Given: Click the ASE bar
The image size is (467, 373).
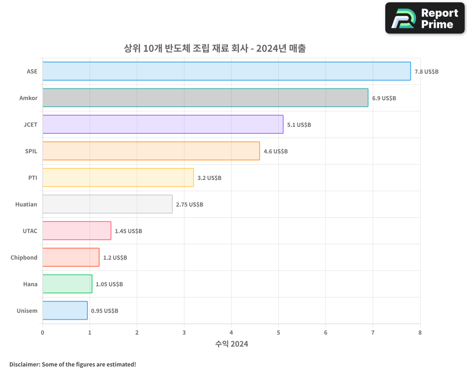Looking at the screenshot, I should click(x=226, y=71).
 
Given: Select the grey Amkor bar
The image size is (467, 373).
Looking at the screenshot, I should click(x=205, y=98).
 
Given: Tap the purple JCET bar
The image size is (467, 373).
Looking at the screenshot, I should click(x=163, y=124).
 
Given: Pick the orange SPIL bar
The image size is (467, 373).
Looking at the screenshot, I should click(x=151, y=151).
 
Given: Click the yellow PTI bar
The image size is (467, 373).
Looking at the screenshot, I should click(x=118, y=178).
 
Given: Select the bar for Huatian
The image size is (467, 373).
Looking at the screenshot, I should click(x=107, y=204).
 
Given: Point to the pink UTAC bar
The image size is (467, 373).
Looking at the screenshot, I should click(x=77, y=231).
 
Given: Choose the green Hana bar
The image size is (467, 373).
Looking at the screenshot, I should click(x=67, y=284).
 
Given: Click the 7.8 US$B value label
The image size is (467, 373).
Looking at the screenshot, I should click(x=426, y=72).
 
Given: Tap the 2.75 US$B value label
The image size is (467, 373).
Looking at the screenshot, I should click(x=190, y=205).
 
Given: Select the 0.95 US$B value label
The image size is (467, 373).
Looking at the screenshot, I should click(x=105, y=311).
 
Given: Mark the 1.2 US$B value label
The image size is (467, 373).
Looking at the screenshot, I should click(x=115, y=258).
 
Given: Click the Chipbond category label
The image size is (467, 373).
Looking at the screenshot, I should click(x=24, y=258).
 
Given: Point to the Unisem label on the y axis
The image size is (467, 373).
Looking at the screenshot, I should click(x=27, y=311).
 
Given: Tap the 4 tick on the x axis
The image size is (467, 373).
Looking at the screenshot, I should click(x=231, y=332).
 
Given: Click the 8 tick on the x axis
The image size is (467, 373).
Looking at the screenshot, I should click(x=420, y=332).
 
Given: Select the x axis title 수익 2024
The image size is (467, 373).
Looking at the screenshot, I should click(x=232, y=344).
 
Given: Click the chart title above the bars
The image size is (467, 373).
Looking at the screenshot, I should click(x=214, y=48).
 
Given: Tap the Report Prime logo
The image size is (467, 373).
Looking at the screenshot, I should click(x=425, y=18).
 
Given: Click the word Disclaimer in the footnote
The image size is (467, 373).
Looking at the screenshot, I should click(x=24, y=365).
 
